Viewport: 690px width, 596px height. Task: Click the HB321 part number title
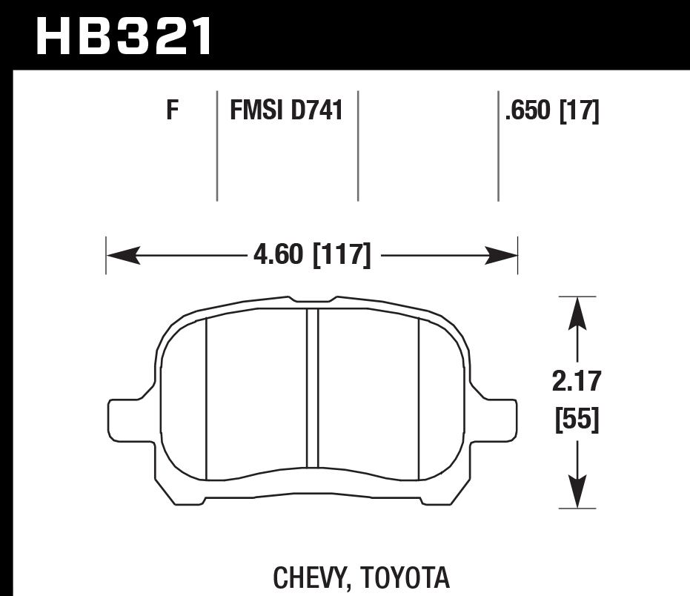(124, 35)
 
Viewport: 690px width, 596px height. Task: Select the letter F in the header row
(173, 112)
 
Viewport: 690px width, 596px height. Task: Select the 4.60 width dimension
(279, 256)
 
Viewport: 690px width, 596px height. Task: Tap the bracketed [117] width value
(342, 256)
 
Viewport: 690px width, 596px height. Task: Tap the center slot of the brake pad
(312, 388)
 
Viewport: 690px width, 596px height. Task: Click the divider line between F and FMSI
(216, 145)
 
